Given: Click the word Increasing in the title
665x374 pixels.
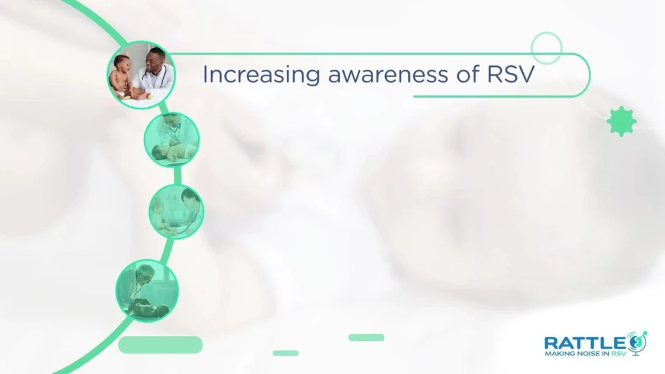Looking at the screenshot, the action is coord(261,75).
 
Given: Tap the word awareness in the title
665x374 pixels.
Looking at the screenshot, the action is coord(388,75).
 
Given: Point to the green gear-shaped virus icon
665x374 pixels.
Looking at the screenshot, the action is coord(622,121).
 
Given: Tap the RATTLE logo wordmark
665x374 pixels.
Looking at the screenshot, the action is coord(585,343).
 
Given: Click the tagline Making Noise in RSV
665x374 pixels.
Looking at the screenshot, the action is coord(585,353).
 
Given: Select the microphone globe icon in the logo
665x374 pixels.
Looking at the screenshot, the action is coord(637,343).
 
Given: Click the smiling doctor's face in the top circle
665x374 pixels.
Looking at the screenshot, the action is coord(155,61).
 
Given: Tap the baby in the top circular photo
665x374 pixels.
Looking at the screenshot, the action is coord(122,77).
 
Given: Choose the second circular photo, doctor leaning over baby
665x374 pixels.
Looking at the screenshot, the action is coord(172,139).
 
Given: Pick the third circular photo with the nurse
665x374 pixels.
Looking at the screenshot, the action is coord(177,211).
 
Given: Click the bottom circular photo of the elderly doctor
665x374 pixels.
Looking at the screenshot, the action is coord(147,291).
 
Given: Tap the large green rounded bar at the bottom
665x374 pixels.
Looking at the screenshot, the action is coord(160,345).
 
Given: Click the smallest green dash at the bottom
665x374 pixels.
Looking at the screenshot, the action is coord(285,353).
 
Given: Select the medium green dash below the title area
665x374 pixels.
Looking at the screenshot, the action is coord(367,337).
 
